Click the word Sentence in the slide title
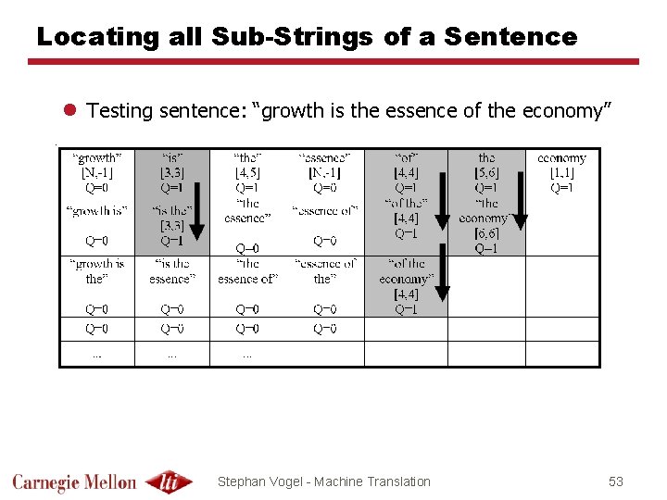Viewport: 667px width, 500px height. pos(510,37)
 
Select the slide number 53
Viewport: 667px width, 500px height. pos(616,481)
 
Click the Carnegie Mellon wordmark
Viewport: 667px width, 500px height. pos(74,481)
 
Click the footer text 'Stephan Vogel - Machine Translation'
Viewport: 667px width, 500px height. pos(323,481)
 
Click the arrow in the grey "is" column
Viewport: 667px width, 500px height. pos(196,202)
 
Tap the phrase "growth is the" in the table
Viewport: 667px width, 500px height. pos(96,271)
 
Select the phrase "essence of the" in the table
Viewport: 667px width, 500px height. pos(324,271)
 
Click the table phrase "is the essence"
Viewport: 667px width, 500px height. pos(172,271)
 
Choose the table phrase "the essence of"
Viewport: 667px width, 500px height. pos(247,271)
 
